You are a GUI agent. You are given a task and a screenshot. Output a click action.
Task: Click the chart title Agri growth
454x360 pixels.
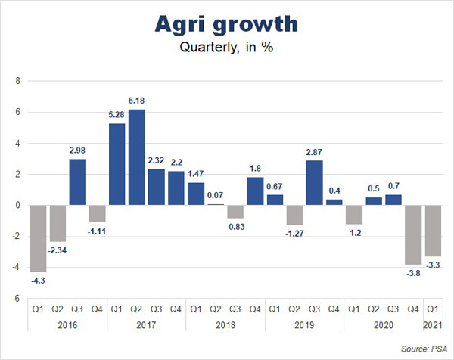click(226, 24)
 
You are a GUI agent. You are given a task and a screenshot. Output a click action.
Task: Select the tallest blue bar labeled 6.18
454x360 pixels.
click(137, 157)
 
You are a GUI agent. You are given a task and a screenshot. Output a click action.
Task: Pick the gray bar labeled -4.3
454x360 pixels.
click(38, 238)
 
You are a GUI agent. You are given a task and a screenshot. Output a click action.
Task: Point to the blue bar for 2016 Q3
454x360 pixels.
click(78, 182)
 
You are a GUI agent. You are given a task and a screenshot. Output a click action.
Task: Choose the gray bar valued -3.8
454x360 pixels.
click(412, 234)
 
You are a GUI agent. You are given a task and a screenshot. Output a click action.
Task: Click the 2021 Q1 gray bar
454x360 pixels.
click(432, 231)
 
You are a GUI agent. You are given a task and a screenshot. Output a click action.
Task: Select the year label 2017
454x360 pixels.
click(146, 324)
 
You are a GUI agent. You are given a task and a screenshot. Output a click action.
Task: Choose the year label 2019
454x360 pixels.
click(304, 324)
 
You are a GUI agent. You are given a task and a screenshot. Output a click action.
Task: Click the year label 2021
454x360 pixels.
click(432, 324)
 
